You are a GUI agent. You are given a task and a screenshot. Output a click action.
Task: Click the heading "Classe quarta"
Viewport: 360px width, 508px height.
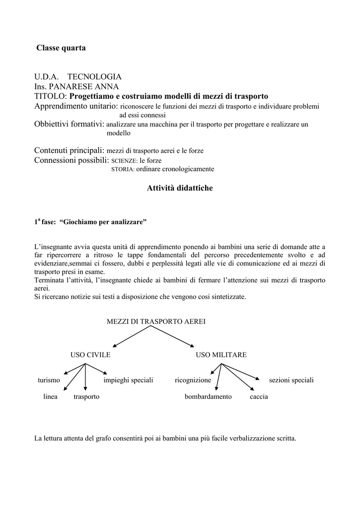(x=61, y=48)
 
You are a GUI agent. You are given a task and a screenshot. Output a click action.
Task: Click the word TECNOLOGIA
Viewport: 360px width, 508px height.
(x=94, y=77)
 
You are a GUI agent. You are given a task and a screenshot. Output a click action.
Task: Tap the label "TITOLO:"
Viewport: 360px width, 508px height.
(x=50, y=96)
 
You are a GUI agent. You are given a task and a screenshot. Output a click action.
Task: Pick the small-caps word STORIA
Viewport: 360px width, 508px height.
(x=122, y=169)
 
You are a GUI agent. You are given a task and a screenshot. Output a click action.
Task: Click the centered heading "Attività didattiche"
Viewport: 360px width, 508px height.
(x=180, y=188)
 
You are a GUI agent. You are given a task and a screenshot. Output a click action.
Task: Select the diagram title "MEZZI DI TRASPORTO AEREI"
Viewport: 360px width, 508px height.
(x=156, y=321)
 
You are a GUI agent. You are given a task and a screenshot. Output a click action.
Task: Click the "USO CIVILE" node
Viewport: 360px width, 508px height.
(x=90, y=355)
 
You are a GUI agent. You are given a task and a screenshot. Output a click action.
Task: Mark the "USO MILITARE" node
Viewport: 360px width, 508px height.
(x=221, y=355)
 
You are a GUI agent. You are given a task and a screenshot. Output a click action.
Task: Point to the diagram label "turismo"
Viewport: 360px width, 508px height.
(x=49, y=380)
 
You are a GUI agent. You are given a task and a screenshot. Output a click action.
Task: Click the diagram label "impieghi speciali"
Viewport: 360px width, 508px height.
(x=128, y=380)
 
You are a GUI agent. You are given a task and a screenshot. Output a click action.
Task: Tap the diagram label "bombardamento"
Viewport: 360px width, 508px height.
(x=208, y=397)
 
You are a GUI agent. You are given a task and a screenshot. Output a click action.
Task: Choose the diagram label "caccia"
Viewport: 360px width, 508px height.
(x=259, y=397)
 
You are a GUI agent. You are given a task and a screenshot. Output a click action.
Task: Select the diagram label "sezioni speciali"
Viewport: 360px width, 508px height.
(x=291, y=380)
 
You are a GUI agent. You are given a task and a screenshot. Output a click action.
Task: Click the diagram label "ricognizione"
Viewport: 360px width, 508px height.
(x=193, y=380)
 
